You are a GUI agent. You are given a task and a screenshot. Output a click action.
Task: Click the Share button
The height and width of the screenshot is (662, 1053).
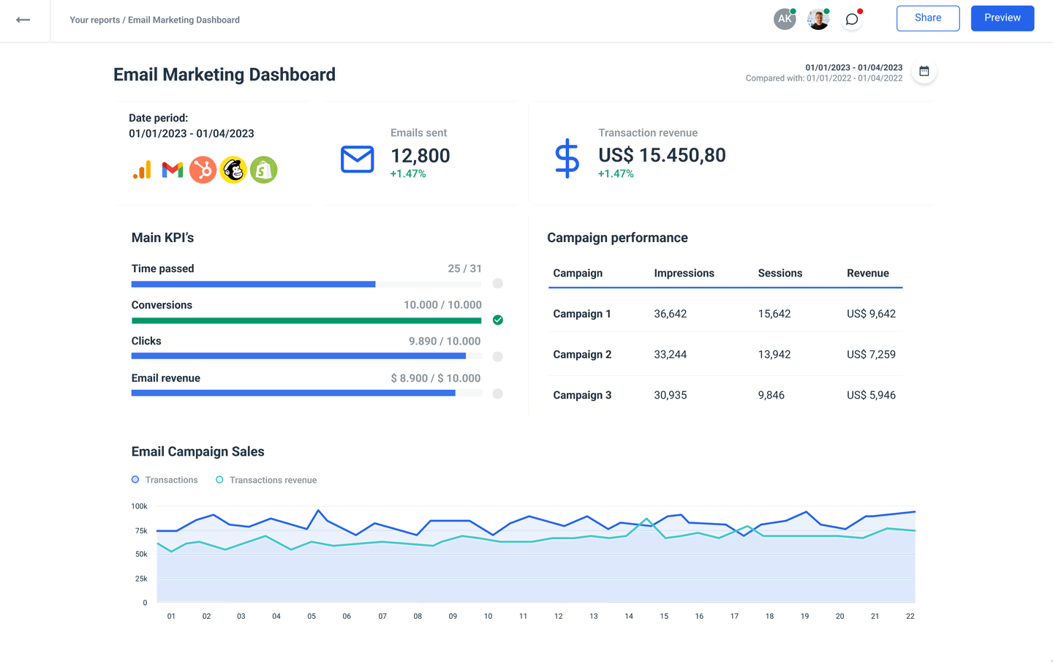(927, 18)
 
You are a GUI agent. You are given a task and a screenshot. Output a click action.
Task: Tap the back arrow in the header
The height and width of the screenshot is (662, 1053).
(23, 20)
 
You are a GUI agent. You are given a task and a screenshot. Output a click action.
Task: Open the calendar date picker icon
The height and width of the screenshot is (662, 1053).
(924, 72)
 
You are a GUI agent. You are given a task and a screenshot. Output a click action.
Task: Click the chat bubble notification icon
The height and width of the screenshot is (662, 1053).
(852, 20)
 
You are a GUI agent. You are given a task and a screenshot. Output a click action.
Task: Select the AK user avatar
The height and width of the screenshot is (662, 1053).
(785, 19)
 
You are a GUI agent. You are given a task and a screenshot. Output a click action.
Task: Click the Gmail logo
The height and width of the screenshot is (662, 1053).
(173, 170)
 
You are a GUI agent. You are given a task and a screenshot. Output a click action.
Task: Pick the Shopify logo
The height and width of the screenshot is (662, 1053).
(264, 170)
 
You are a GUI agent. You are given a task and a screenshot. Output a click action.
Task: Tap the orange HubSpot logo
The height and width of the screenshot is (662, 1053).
(203, 170)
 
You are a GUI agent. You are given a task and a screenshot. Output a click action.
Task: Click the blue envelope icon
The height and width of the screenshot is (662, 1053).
(358, 159)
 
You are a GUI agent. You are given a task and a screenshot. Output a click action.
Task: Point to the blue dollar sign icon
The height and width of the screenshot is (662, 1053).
(567, 159)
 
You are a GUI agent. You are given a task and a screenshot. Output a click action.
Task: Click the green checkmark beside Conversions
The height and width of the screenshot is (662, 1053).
(498, 320)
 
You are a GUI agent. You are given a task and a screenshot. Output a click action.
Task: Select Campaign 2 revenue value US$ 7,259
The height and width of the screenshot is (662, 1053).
(871, 355)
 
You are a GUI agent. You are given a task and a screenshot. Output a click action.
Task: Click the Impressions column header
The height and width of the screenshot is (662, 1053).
(684, 274)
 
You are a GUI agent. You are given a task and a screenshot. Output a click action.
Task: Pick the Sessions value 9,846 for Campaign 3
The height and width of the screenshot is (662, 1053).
(771, 395)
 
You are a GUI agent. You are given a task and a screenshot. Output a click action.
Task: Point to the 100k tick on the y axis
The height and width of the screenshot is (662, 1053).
(139, 506)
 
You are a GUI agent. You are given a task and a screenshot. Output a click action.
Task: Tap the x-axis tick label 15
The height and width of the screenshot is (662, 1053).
(664, 616)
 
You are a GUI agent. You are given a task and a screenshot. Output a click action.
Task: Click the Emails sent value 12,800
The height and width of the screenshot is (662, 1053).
(420, 156)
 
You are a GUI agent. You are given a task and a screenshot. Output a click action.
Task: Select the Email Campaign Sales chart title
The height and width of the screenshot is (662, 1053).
(197, 452)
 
